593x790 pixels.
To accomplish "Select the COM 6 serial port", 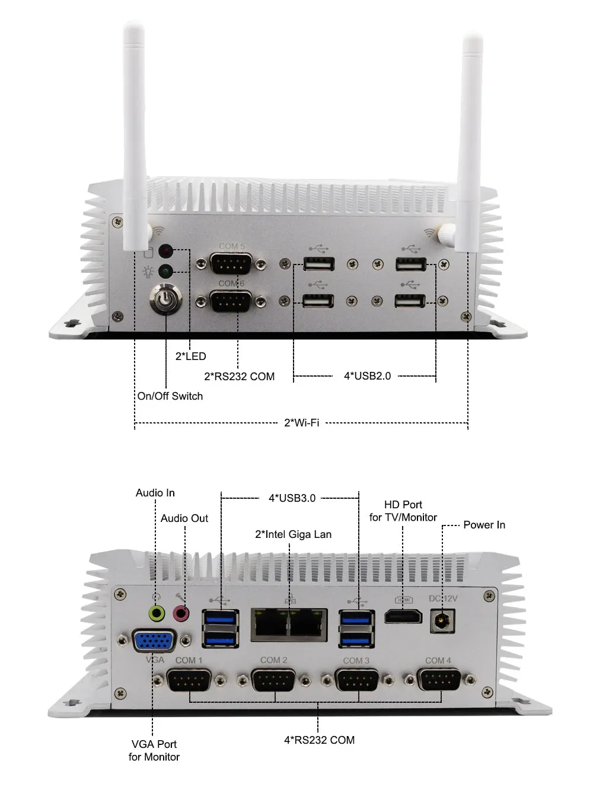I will (x=231, y=301).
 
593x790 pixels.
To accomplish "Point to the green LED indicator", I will (x=166, y=272).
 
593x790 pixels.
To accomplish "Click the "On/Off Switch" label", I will (x=170, y=396).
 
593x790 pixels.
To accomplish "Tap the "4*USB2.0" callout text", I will (x=368, y=376).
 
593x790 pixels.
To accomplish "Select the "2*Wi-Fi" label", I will (x=302, y=423).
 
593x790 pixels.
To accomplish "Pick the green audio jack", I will (x=157, y=613).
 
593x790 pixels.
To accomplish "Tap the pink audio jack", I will (x=181, y=613).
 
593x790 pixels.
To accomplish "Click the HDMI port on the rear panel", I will (x=403, y=616).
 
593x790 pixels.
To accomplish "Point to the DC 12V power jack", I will (x=442, y=621).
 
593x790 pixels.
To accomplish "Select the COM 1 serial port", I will (x=189, y=680).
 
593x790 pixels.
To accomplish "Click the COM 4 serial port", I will (x=439, y=680).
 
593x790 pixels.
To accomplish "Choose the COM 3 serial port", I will (x=356, y=680).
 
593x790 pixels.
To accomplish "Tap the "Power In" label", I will (x=484, y=525).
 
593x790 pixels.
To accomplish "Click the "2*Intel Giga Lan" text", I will (x=294, y=534).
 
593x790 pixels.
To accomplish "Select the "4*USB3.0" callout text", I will (x=292, y=498).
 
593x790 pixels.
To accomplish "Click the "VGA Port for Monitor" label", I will (x=154, y=750).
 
